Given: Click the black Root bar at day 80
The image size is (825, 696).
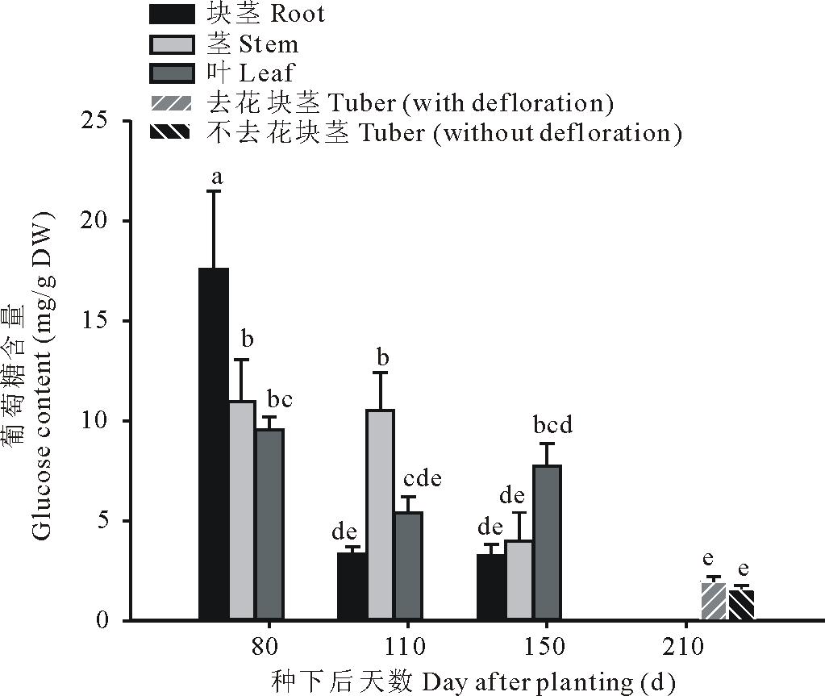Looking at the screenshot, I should pos(214,444).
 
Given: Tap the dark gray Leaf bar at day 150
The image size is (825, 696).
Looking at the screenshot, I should pos(546,542).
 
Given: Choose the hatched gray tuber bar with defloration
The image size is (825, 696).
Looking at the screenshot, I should pos(714,602).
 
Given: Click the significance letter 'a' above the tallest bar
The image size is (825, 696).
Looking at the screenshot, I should pos(216,175).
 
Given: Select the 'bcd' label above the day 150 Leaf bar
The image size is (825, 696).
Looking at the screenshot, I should pos(552,425).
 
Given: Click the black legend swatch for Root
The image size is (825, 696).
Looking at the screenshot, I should pos(172,14).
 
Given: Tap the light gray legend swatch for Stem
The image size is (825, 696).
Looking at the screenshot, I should pos(172,44).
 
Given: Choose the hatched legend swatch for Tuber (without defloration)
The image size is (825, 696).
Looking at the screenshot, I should pos(172,132).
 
